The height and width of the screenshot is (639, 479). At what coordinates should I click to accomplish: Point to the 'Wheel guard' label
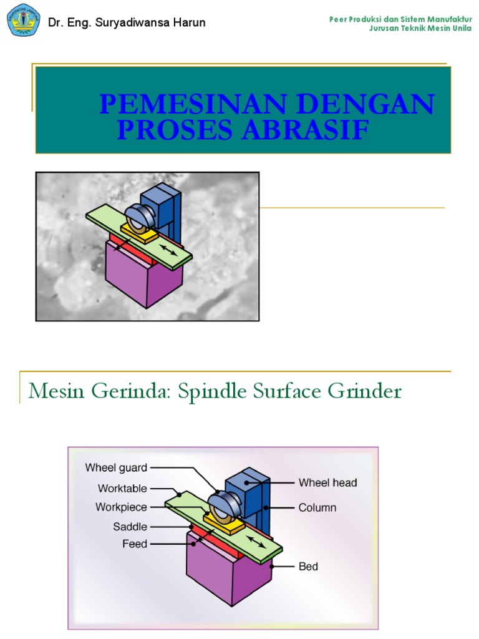click(116, 467)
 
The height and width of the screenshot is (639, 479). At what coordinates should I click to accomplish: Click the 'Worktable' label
click(122, 488)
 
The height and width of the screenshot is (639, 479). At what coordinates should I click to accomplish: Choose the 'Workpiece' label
click(121, 507)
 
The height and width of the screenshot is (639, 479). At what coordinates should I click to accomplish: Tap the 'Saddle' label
click(130, 527)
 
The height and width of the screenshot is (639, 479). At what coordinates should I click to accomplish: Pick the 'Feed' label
click(135, 544)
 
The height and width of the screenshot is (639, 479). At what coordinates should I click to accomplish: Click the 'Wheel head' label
click(327, 482)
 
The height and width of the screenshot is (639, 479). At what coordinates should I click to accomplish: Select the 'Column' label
click(317, 507)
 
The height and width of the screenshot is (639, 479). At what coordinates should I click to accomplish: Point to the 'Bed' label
click(308, 567)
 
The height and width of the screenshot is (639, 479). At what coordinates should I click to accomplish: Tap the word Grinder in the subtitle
click(367, 391)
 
